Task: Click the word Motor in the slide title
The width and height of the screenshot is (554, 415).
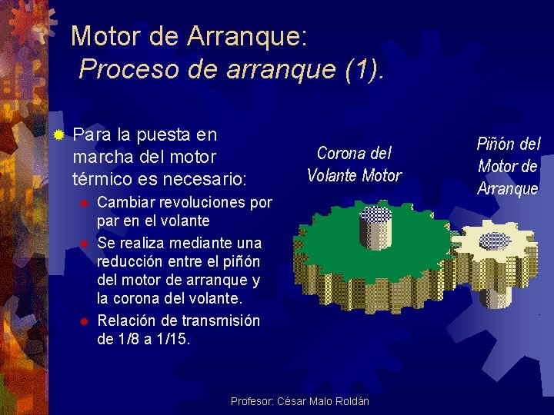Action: click(x=104, y=35)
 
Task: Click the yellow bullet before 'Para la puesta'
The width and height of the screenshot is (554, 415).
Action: click(x=58, y=135)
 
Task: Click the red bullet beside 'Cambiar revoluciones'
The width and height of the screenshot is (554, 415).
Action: click(x=87, y=204)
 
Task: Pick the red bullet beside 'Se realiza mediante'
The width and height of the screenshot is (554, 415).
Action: click(x=87, y=244)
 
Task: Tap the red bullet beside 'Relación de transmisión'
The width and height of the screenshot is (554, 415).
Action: click(x=87, y=320)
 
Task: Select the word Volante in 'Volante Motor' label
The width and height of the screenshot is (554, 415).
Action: click(x=332, y=175)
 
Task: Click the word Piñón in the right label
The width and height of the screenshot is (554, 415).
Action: click(x=496, y=144)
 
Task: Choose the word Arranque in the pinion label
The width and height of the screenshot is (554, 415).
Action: click(x=508, y=188)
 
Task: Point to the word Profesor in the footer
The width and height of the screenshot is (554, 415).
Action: click(x=251, y=402)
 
